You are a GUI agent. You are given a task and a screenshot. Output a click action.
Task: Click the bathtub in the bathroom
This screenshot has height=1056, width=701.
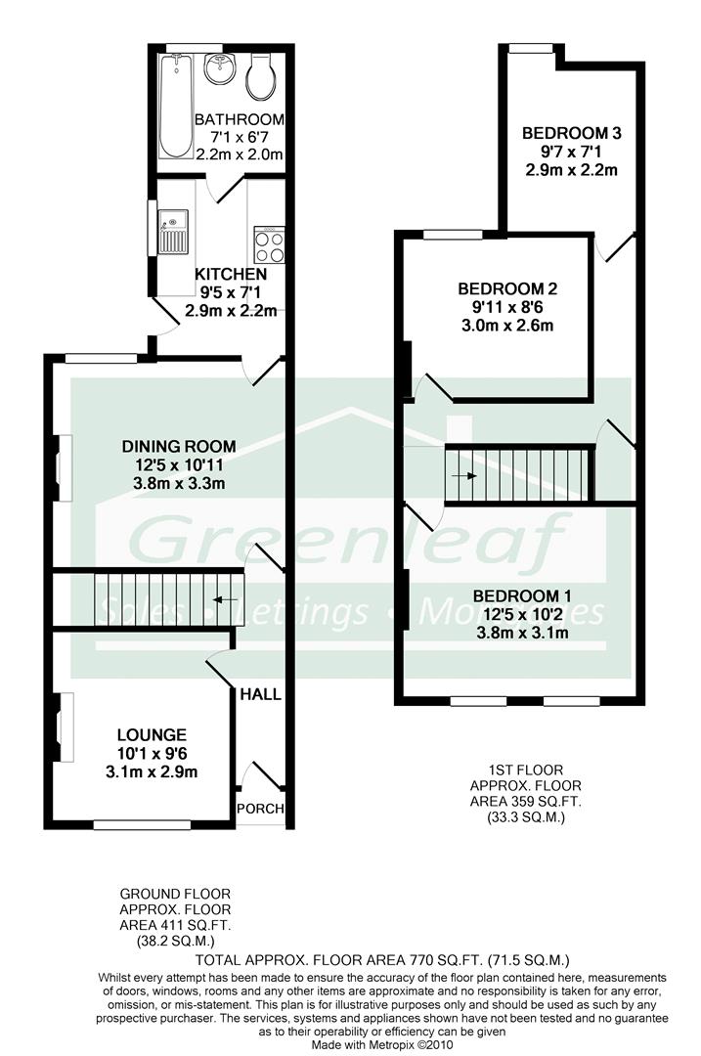click(x=176, y=106)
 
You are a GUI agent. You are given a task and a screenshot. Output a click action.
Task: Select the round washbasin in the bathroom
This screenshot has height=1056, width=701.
click(x=220, y=68)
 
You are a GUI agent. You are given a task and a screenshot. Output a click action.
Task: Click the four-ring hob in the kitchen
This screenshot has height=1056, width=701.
click(x=269, y=244)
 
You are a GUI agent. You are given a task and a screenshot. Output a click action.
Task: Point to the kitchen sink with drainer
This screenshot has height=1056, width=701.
click(x=174, y=232)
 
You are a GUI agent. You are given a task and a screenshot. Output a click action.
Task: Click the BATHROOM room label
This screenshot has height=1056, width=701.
click(x=240, y=120)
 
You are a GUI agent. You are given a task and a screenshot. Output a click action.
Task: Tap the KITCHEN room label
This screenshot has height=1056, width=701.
click(x=231, y=274)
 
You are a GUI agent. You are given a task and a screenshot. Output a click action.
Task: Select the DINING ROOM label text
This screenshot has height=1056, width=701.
click(x=179, y=446)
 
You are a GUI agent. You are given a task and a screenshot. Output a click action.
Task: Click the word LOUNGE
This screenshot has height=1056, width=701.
click(x=152, y=734)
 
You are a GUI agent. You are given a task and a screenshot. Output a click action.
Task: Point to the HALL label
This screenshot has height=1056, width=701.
click(x=261, y=694)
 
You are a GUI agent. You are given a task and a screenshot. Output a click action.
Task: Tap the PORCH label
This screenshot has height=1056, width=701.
click(x=261, y=809)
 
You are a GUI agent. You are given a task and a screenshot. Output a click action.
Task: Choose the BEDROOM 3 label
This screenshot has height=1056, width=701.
click(x=572, y=133)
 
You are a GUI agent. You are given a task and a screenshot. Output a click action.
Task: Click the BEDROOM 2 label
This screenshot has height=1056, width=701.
click(x=507, y=288)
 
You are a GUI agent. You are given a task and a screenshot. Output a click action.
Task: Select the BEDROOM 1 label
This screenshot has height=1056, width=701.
click(x=522, y=596)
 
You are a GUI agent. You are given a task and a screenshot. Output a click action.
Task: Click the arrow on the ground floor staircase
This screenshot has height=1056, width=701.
click(x=225, y=598)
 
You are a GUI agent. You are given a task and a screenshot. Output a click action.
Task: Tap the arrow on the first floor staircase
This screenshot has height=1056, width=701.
click(x=464, y=475)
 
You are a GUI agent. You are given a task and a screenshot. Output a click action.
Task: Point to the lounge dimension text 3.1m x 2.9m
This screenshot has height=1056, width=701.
click(x=152, y=771)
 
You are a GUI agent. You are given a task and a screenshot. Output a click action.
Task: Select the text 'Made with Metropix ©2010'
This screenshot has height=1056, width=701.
click(x=382, y=1045)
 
